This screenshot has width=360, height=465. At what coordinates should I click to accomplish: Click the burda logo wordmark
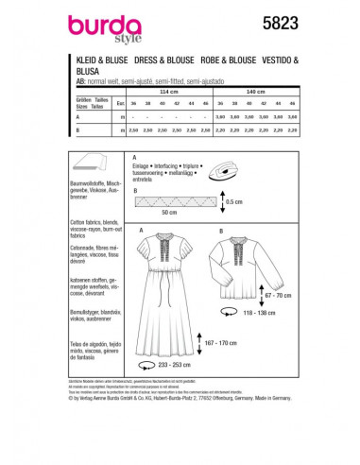pos(98,17)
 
